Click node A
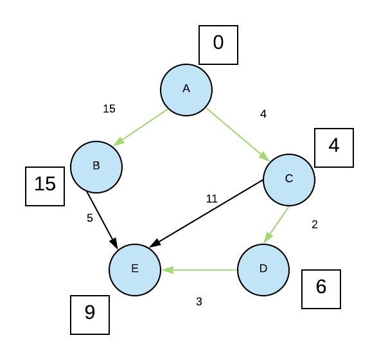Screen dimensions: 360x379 coord(186,90)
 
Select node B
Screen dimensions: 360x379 coord(96,166)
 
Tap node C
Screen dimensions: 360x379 coord(289,179)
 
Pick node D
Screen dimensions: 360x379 coord(263,269)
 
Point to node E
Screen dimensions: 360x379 coord(135,269)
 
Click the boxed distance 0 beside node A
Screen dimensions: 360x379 coord(218,44)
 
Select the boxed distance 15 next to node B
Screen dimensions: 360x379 coord(45,186)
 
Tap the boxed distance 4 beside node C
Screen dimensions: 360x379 coord(334,147)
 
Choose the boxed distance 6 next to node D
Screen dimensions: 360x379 coord(321,289)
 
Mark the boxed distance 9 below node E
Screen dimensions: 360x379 coord(90,314)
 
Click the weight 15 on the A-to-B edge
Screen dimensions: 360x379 coord(109,109)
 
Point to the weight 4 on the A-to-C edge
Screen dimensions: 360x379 coord(263,114)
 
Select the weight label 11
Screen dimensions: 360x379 coord(212,199)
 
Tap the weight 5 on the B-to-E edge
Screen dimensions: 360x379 coord(90,218)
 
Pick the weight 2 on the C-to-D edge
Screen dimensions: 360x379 coord(315,224)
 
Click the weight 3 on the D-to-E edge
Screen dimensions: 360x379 coord(199,301)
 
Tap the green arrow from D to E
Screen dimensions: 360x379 coord(199,270)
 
